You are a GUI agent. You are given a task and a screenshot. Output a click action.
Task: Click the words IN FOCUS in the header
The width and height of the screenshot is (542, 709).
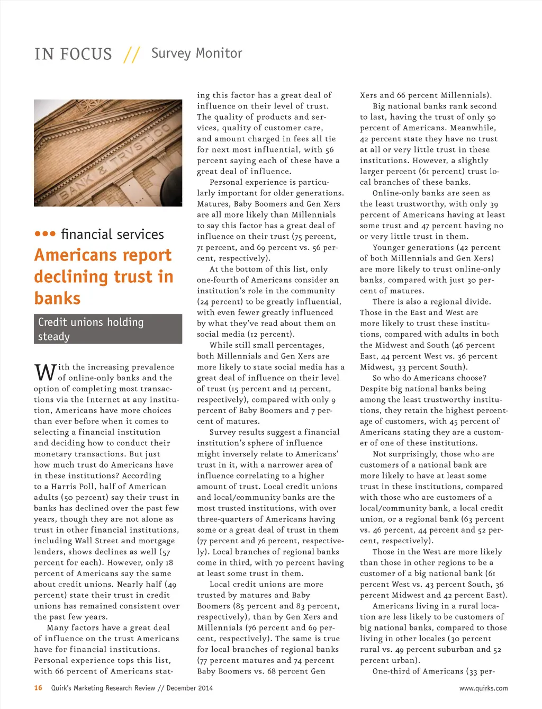73,54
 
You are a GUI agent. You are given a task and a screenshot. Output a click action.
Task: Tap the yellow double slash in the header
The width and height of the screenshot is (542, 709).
132,54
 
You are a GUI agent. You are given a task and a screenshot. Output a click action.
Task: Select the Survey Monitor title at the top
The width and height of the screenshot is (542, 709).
196,53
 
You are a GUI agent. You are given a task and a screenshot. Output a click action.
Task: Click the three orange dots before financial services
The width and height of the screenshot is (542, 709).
45,234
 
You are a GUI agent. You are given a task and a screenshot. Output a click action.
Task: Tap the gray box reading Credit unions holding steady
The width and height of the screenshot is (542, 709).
108,329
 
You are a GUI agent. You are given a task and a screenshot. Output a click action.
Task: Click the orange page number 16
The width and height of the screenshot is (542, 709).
38,688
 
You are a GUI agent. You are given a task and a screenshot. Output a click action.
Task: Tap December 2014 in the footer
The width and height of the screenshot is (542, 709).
189,688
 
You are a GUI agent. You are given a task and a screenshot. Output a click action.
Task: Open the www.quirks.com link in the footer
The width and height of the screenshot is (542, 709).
483,688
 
